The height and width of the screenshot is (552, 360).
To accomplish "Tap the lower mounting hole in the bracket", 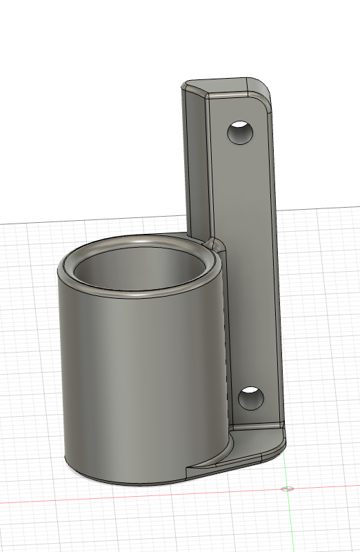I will click(x=250, y=398).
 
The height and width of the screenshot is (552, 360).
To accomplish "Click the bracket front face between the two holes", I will click(x=245, y=262).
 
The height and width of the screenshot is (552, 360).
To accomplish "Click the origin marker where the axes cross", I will click(x=288, y=489).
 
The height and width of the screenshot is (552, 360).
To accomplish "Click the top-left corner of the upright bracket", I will click(x=185, y=87).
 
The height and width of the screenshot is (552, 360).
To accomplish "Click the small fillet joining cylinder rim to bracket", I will click(x=215, y=244).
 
